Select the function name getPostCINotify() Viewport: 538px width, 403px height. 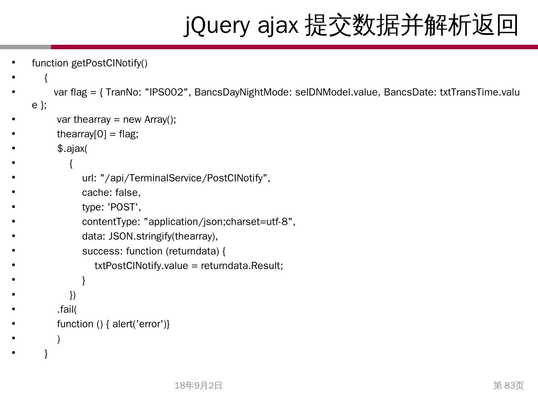(x=109, y=63)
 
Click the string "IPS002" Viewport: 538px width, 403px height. (x=166, y=92)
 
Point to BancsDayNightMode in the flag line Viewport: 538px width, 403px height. (x=243, y=92)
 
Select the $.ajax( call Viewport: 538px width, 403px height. (x=72, y=149)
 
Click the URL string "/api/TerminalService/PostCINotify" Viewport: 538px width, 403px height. (x=185, y=178)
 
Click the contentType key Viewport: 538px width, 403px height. (x=111, y=222)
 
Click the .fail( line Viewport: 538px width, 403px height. (x=67, y=309)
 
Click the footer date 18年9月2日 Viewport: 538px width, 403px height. (x=198, y=385)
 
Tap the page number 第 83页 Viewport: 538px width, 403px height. (x=508, y=385)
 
